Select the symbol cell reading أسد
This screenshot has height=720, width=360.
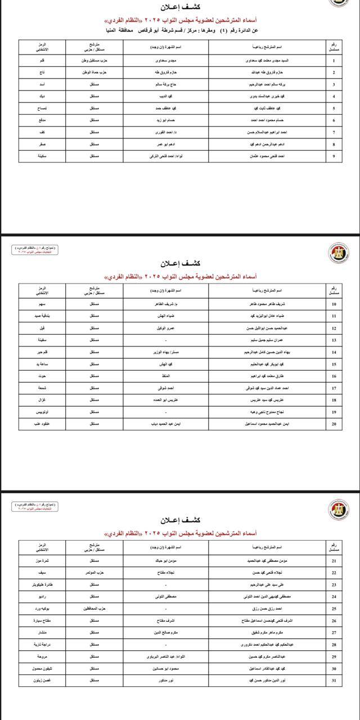pyautogui.click(x=43, y=84)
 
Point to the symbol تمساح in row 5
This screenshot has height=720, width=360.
pyautogui.click(x=43, y=108)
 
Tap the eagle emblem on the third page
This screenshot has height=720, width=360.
pyautogui.click(x=339, y=509)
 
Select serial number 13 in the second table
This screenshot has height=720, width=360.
pyautogui.click(x=334, y=340)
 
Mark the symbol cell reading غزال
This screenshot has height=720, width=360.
pyautogui.click(x=43, y=400)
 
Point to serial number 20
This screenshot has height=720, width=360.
pyautogui.click(x=334, y=424)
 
